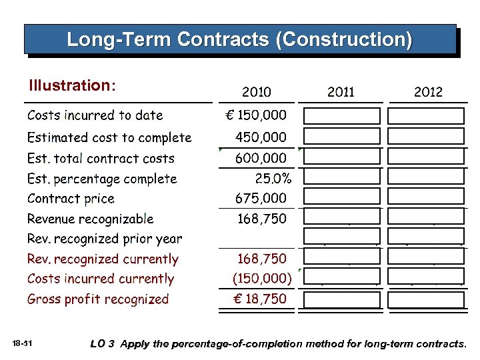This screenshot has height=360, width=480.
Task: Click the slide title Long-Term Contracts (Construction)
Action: click(x=239, y=39)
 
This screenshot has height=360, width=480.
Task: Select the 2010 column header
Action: click(x=256, y=92)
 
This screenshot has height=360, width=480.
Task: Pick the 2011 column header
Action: click(x=341, y=92)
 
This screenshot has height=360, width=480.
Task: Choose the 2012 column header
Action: click(x=427, y=92)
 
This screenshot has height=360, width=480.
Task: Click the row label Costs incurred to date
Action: click(x=95, y=115)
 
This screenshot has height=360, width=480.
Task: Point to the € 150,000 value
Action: click(x=257, y=115)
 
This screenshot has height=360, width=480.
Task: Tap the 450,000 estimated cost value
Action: click(x=261, y=137)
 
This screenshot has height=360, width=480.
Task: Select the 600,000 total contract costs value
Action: click(x=261, y=159)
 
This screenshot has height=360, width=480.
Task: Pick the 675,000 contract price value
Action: click(x=261, y=199)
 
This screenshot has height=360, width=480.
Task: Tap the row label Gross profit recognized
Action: click(x=98, y=299)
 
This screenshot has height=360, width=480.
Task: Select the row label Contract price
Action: click(x=71, y=199)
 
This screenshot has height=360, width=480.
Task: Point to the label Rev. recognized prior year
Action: click(x=105, y=239)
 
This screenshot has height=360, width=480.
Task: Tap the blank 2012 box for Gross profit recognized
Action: click(x=427, y=300)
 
